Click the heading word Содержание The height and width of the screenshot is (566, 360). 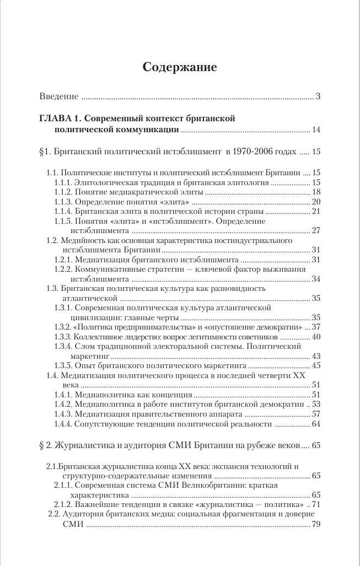point(180,68)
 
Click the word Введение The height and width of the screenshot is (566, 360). point(59,97)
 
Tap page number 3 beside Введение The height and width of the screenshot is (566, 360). point(318,97)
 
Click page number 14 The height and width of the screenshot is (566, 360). point(316,130)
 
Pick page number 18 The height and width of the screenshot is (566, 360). point(316,192)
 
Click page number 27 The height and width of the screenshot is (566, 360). point(316,231)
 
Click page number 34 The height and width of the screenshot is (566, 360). point(316,279)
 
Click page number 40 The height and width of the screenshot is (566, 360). point(316,337)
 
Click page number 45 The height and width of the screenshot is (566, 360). point(316,366)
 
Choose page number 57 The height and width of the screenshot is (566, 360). point(316,414)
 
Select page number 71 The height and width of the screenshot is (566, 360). point(316,505)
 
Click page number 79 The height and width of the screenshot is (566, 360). point(316,525)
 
